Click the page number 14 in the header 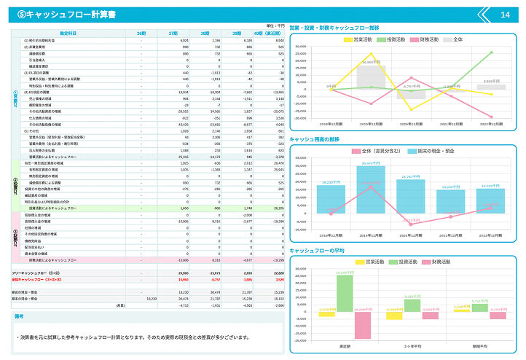tap(505, 15)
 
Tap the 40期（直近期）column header tap(262, 34)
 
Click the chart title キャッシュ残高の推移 tap(315, 138)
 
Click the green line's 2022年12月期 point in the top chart tap(490, 52)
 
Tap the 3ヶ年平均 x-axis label tap(412, 347)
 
